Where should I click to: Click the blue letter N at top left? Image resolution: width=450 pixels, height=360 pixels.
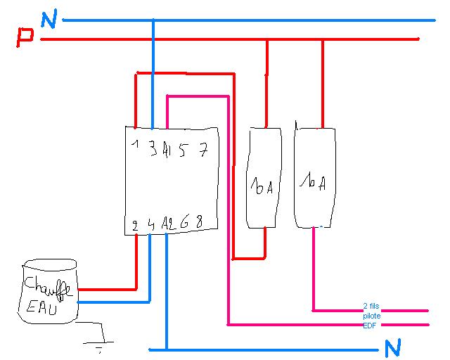[49, 20]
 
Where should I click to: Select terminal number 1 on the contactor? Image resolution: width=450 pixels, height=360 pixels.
[133, 147]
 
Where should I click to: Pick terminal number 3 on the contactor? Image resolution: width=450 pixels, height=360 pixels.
[153, 148]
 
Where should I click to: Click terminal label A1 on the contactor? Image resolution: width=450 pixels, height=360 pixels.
[166, 149]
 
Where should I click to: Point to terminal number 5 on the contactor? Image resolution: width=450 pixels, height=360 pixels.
[182, 149]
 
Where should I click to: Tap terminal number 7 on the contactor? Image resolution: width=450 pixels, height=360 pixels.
[202, 149]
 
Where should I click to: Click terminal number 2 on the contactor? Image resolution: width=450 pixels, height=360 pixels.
[134, 226]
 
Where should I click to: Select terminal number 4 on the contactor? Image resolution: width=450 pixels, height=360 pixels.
[151, 225]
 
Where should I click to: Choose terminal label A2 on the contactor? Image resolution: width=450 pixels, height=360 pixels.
[167, 224]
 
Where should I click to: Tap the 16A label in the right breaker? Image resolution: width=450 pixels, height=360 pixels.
[311, 182]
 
